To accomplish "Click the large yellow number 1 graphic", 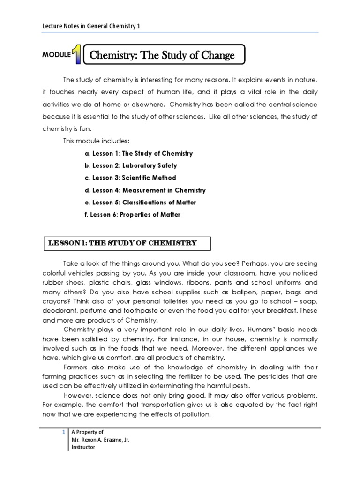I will click(76, 55).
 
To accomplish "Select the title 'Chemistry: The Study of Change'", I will click(162, 56).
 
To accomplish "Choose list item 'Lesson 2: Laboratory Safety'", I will click(131, 165).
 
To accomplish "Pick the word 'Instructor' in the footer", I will click(82, 447).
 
